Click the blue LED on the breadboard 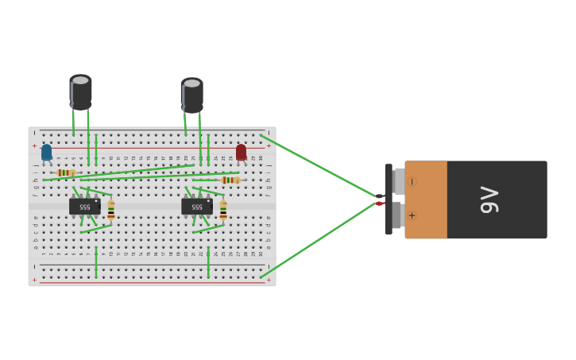tap(46, 151)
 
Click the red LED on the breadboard tap(241, 151)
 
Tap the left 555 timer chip tap(84, 207)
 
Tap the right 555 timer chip tap(196, 207)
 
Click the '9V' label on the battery tap(489, 199)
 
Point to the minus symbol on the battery tap(412, 182)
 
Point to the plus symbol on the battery tap(412, 215)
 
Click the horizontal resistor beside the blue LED tap(67, 172)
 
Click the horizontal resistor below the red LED tap(230, 180)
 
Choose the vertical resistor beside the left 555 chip tap(111, 210)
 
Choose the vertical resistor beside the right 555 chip tap(223, 210)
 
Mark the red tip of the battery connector tap(380, 203)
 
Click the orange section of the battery tap(426, 199)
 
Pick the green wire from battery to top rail tap(318, 165)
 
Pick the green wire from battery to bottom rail tap(318, 239)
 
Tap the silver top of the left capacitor tap(80, 79)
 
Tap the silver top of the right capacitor tap(191, 83)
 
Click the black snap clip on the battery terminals tap(389, 199)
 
